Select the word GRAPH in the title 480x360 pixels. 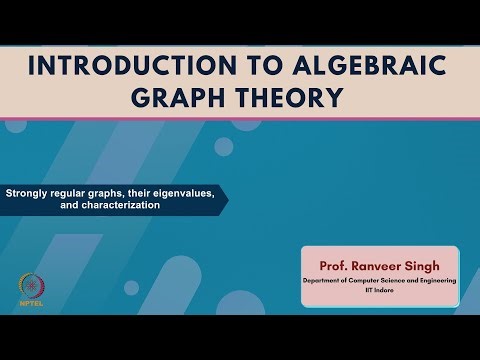191,99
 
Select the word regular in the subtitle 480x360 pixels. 73,193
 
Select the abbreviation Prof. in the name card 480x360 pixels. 335,267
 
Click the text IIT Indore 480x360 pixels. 380,291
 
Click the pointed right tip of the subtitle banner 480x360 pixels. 226,199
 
